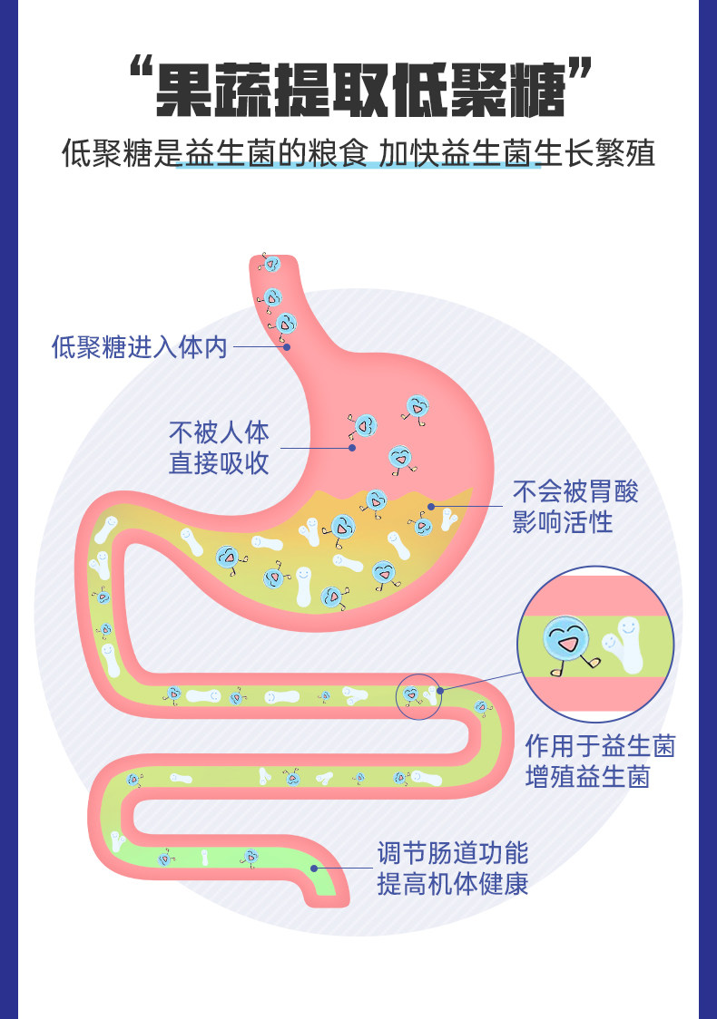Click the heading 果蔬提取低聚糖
tap(359, 89)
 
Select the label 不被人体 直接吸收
tap(219, 447)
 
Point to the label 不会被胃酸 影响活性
tap(575, 506)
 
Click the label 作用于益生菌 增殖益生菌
tap(600, 761)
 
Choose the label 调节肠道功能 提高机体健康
tap(452, 868)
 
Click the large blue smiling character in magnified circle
tap(565, 640)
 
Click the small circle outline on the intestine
tap(418, 696)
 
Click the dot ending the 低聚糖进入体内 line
tap(286, 346)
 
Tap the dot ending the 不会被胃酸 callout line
tap(431, 506)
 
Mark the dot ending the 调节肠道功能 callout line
tap(314, 868)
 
